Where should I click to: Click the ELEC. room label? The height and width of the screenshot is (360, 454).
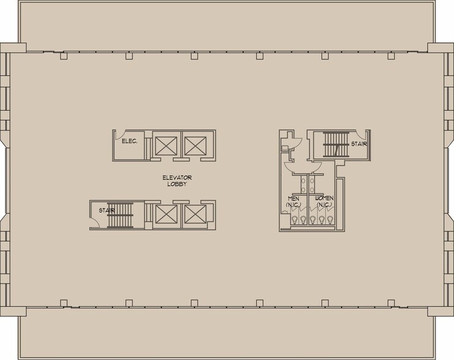(129, 141)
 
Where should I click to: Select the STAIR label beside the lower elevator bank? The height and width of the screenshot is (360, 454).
(99, 211)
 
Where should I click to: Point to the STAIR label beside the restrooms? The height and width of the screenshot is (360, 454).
(359, 144)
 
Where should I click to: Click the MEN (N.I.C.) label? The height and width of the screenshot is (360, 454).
(294, 201)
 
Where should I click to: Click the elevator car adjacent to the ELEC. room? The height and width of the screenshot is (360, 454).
(166, 145)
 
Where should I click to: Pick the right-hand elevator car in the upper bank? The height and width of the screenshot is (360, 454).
(195, 145)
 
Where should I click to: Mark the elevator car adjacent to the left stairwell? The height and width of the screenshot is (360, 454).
(166, 214)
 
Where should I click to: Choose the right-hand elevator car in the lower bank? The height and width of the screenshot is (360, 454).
(195, 214)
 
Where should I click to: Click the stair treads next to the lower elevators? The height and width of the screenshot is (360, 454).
(120, 215)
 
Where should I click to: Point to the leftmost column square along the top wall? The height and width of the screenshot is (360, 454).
(63, 56)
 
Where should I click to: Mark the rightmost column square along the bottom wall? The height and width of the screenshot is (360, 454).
(390, 302)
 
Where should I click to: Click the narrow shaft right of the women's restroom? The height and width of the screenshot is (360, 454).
(341, 203)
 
